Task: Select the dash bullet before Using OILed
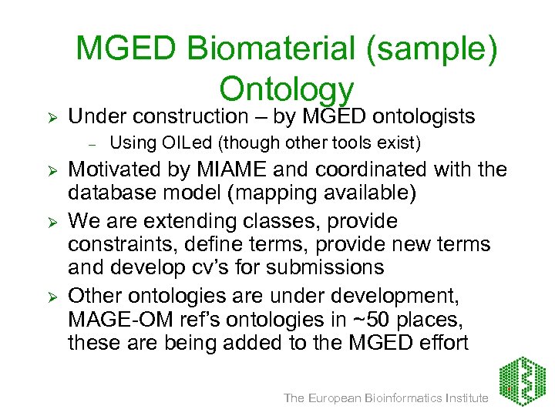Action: click(x=90, y=143)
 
